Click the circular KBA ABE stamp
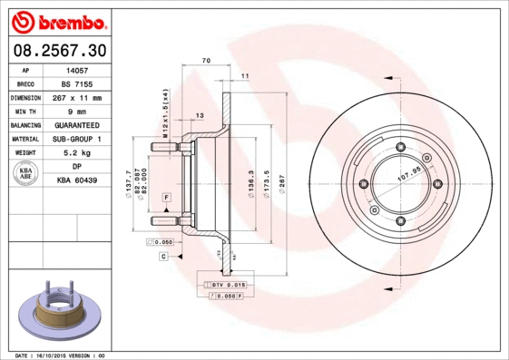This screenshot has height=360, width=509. click(x=26, y=174)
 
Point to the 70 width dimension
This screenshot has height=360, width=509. click(x=206, y=60)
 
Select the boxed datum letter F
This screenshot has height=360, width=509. click(x=167, y=197)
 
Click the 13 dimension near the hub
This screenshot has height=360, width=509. click(x=200, y=116)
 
